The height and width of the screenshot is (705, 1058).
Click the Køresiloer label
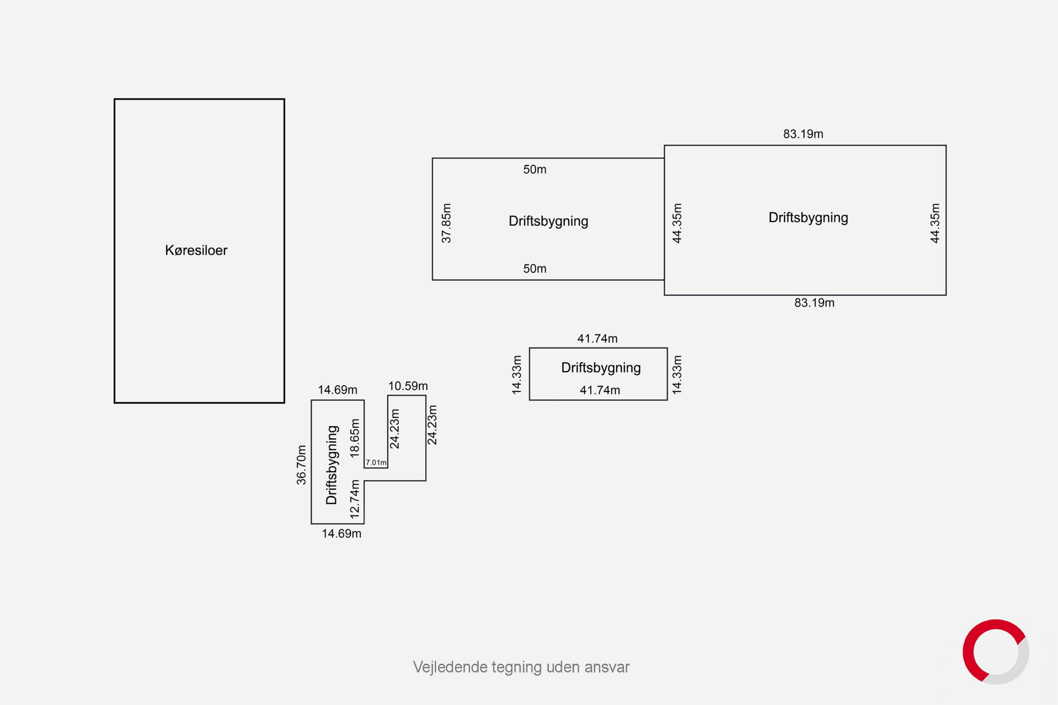click(196, 250)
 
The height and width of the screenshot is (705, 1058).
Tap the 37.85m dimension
click(446, 223)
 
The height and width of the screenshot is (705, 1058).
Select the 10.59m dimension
click(408, 386)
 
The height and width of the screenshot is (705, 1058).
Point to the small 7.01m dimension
click(376, 462)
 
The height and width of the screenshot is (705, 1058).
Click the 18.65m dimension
click(355, 438)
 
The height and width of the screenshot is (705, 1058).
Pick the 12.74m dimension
click(355, 499)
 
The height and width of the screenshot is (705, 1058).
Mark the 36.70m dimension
click(301, 465)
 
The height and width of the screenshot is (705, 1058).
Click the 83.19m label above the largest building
click(803, 134)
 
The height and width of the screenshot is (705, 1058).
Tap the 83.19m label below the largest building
click(814, 303)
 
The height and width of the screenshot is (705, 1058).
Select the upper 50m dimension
click(534, 169)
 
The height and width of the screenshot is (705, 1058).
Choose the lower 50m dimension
click(534, 269)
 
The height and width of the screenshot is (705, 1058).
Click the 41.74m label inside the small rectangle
click(600, 390)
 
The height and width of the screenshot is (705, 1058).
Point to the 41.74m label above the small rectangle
click(597, 339)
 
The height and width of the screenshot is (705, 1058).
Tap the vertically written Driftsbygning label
click(331, 465)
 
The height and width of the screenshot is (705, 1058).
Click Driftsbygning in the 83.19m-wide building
click(808, 218)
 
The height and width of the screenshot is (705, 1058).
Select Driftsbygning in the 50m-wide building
click(548, 222)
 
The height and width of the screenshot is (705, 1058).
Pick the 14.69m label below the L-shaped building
click(341, 534)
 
